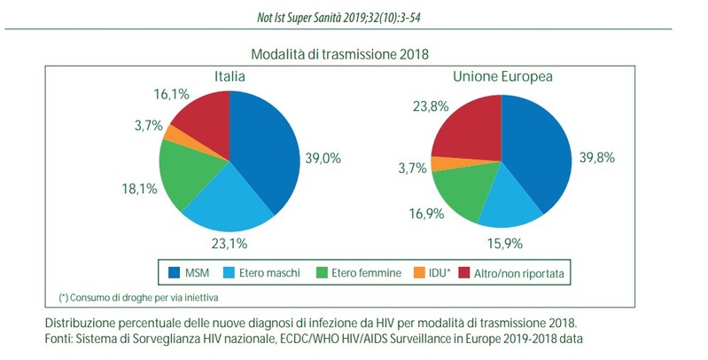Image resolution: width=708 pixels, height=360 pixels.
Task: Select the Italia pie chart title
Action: coord(229,76)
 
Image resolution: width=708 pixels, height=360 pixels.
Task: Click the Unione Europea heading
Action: coord(503,76)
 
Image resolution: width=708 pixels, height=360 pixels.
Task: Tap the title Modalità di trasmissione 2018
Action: coord(354,54)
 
